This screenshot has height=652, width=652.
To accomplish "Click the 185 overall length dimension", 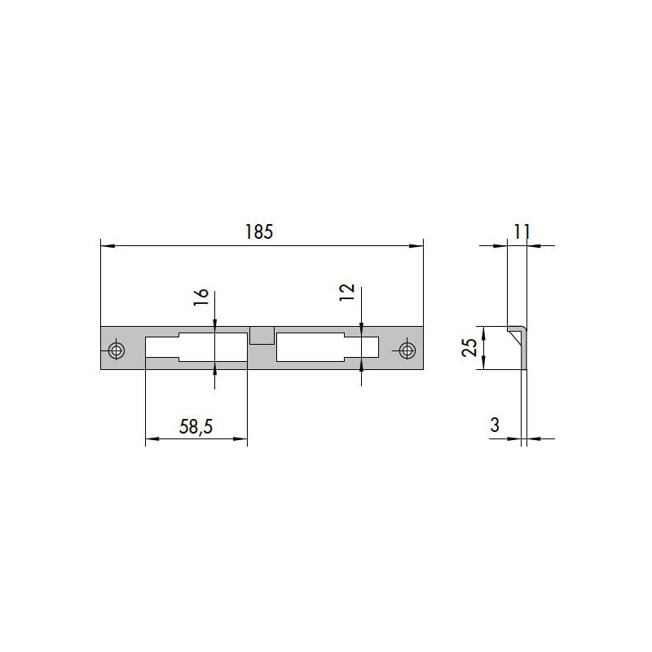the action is [x=258, y=232].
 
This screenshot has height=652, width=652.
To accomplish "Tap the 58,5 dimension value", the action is [x=196, y=426].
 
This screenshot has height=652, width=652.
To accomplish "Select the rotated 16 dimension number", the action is [x=200, y=297].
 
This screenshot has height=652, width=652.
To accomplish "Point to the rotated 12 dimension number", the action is [x=347, y=292].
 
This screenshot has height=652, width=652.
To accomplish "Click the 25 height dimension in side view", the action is [x=469, y=348].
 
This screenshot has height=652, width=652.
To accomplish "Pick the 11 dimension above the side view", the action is [x=522, y=232].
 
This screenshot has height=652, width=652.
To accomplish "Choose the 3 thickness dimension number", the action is [x=495, y=425].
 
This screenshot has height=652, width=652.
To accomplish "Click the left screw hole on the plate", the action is [x=116, y=350].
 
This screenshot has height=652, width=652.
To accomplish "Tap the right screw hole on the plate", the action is [x=407, y=350].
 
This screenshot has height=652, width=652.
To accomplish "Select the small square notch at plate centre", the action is [x=262, y=336].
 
